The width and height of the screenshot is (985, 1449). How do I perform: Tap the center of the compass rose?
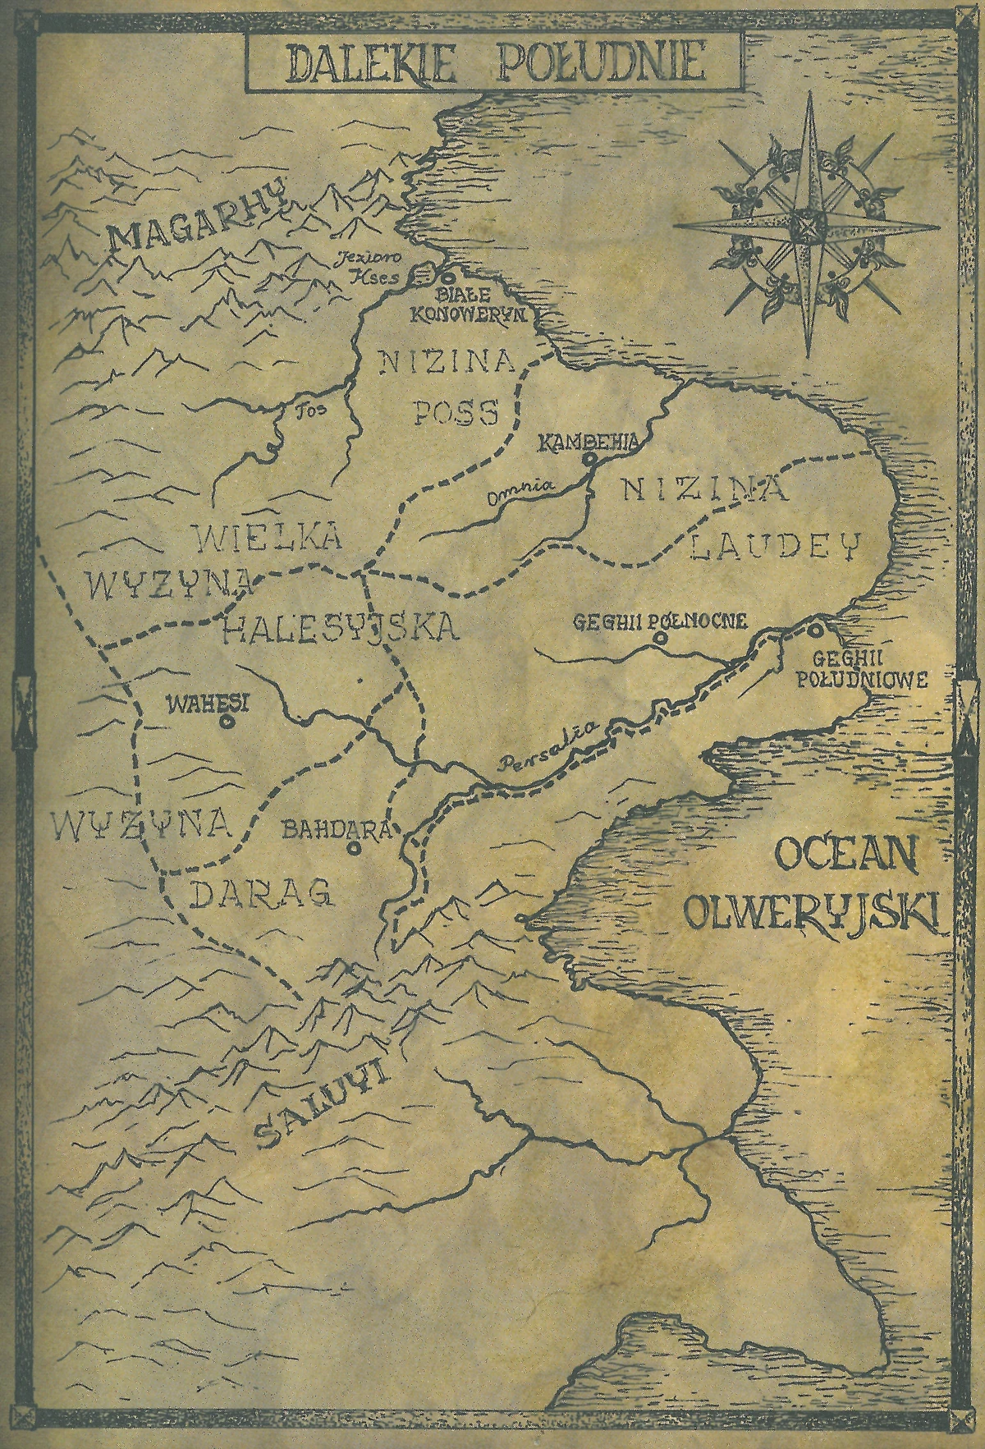(x=805, y=224)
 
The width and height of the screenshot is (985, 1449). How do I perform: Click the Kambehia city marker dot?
(x=589, y=461)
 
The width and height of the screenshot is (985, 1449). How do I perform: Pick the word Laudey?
(x=773, y=546)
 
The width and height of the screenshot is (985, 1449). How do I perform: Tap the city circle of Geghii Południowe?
(x=815, y=631)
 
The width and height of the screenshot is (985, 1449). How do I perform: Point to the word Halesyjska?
(x=339, y=628)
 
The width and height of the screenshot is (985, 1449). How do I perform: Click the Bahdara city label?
(x=338, y=829)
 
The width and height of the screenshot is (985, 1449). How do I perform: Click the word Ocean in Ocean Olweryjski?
(x=846, y=858)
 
